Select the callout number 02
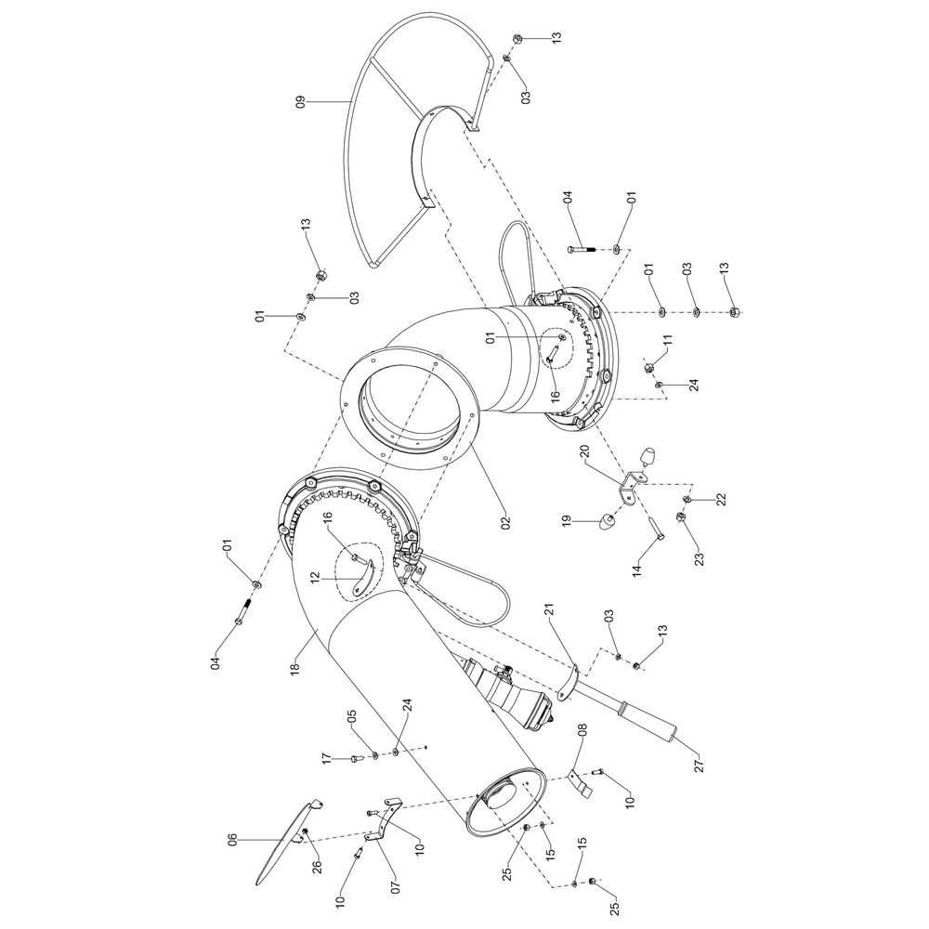point(504,522)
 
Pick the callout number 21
point(548,612)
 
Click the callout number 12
point(315,578)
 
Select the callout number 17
point(327,759)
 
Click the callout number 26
point(317,866)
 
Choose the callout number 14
point(636,571)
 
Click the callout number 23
point(700,560)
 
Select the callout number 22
point(720,500)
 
